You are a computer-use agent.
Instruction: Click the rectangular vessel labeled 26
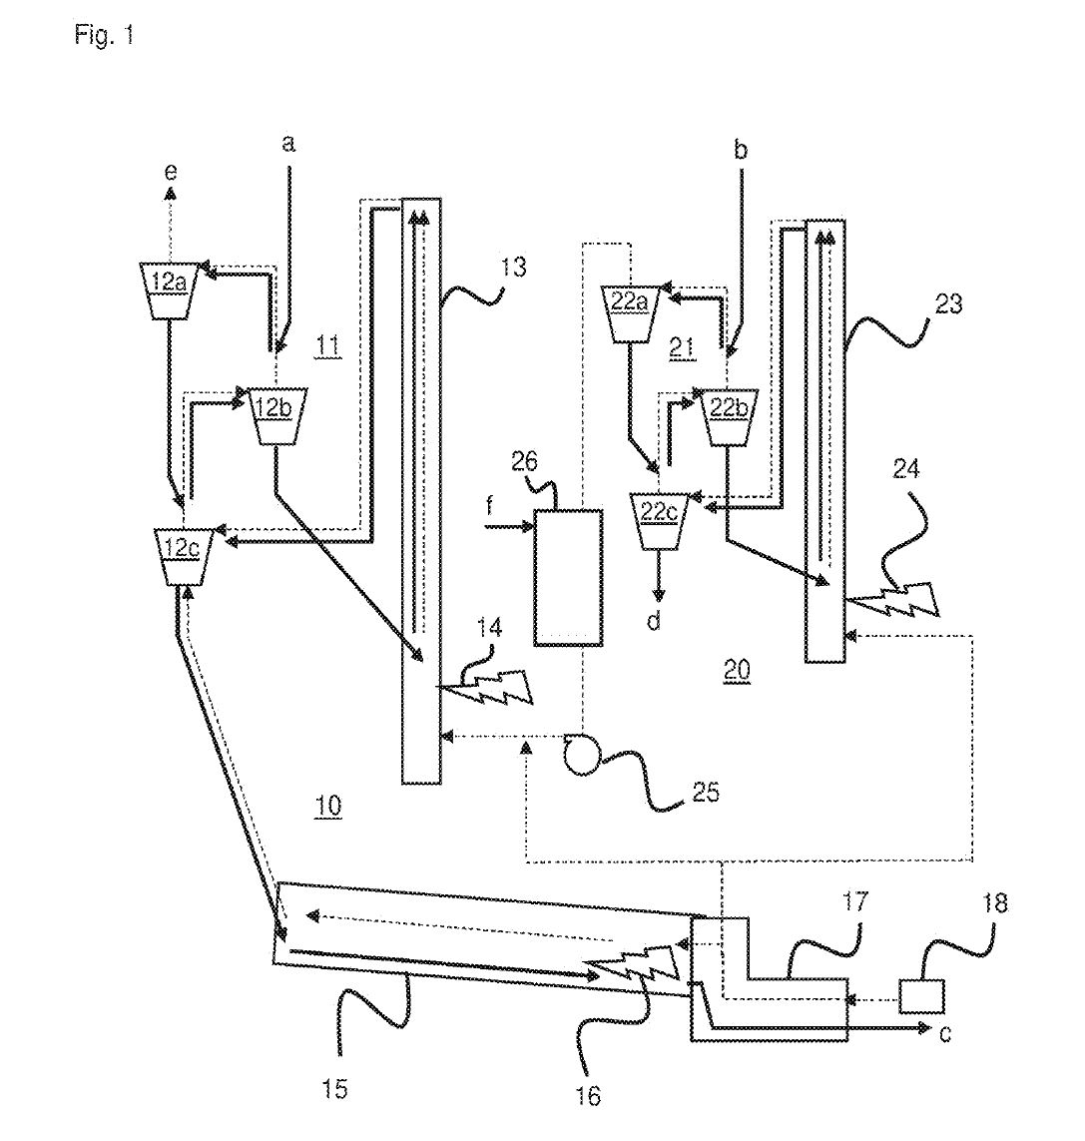(x=567, y=578)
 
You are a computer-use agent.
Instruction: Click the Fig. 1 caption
(x=104, y=37)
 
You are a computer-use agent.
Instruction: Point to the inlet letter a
(x=288, y=144)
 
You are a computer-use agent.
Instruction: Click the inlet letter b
(x=740, y=151)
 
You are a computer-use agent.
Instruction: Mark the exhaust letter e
(x=171, y=173)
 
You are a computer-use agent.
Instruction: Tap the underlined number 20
(x=737, y=672)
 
